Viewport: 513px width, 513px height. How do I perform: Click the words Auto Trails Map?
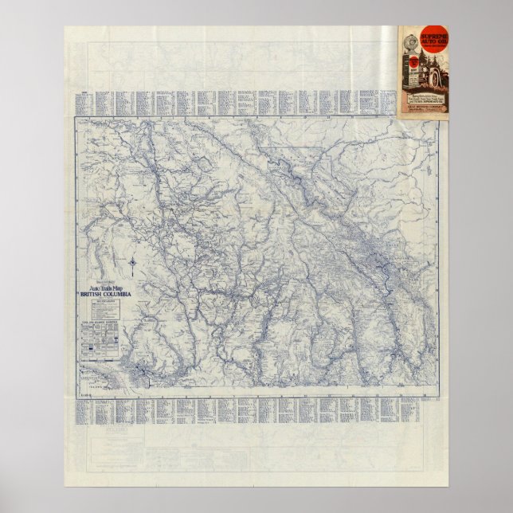(x=105, y=288)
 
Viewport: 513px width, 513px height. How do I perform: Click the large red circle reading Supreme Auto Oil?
(x=420, y=38)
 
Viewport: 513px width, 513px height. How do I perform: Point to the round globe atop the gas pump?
(x=410, y=57)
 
